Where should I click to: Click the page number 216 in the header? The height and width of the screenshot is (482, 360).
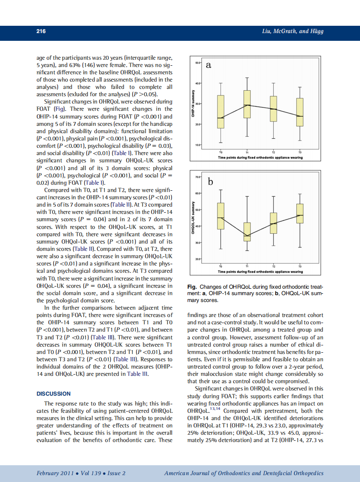click(41, 31)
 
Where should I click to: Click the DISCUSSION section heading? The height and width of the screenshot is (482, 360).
click(54, 394)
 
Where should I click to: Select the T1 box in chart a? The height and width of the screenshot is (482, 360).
click(247, 104)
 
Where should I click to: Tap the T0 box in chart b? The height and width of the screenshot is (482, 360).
click(221, 216)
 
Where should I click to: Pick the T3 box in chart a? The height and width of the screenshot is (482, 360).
click(300, 112)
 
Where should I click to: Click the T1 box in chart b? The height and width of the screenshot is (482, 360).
click(247, 232)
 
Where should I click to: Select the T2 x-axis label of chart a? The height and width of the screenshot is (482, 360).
click(274, 153)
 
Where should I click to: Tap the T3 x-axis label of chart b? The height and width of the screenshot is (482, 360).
click(300, 267)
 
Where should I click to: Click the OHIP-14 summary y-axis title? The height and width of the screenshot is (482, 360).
click(194, 104)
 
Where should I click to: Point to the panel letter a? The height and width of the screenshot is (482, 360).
click(209, 65)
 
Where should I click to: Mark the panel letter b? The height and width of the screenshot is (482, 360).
click(211, 182)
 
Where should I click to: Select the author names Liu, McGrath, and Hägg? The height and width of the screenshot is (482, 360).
click(293, 31)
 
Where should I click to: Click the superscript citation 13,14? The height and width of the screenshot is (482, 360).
click(214, 409)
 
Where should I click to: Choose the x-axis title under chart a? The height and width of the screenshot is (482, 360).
click(260, 158)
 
